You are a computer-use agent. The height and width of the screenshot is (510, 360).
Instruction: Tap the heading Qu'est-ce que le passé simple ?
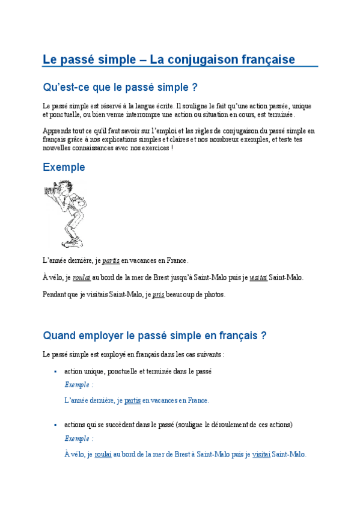(x=120, y=88)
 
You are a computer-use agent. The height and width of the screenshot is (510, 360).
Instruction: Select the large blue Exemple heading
(x=64, y=167)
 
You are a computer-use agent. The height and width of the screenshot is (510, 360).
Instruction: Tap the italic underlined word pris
(x=158, y=295)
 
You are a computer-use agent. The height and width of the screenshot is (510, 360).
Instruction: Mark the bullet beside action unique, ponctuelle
(x=56, y=372)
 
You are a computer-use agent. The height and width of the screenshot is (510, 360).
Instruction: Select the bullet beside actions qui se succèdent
(x=56, y=425)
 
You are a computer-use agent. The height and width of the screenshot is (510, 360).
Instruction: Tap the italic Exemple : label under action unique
(x=79, y=384)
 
